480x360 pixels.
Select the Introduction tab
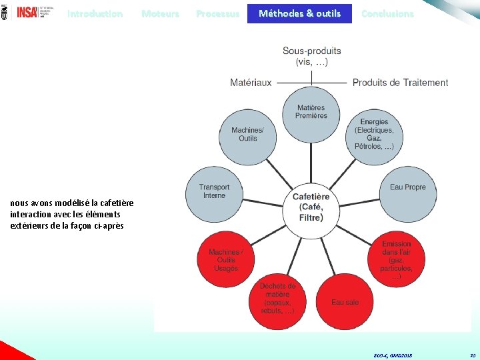coord(95,13)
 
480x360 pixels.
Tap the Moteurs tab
coord(160,13)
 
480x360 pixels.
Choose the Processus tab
coord(218,13)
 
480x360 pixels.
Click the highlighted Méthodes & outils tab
coord(299,13)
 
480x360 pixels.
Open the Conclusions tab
coord(387,13)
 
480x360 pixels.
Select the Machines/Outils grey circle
coord(247,135)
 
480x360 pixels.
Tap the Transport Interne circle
coord(214,191)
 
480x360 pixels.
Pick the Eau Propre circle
coord(407,188)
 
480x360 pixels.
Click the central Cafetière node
coord(311,207)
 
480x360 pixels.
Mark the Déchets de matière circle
coord(277,299)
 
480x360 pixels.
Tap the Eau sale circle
coord(345,302)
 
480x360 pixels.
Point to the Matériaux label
coord(251,83)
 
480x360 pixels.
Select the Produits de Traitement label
coord(400,83)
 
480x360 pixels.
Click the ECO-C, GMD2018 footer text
coord(393,356)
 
